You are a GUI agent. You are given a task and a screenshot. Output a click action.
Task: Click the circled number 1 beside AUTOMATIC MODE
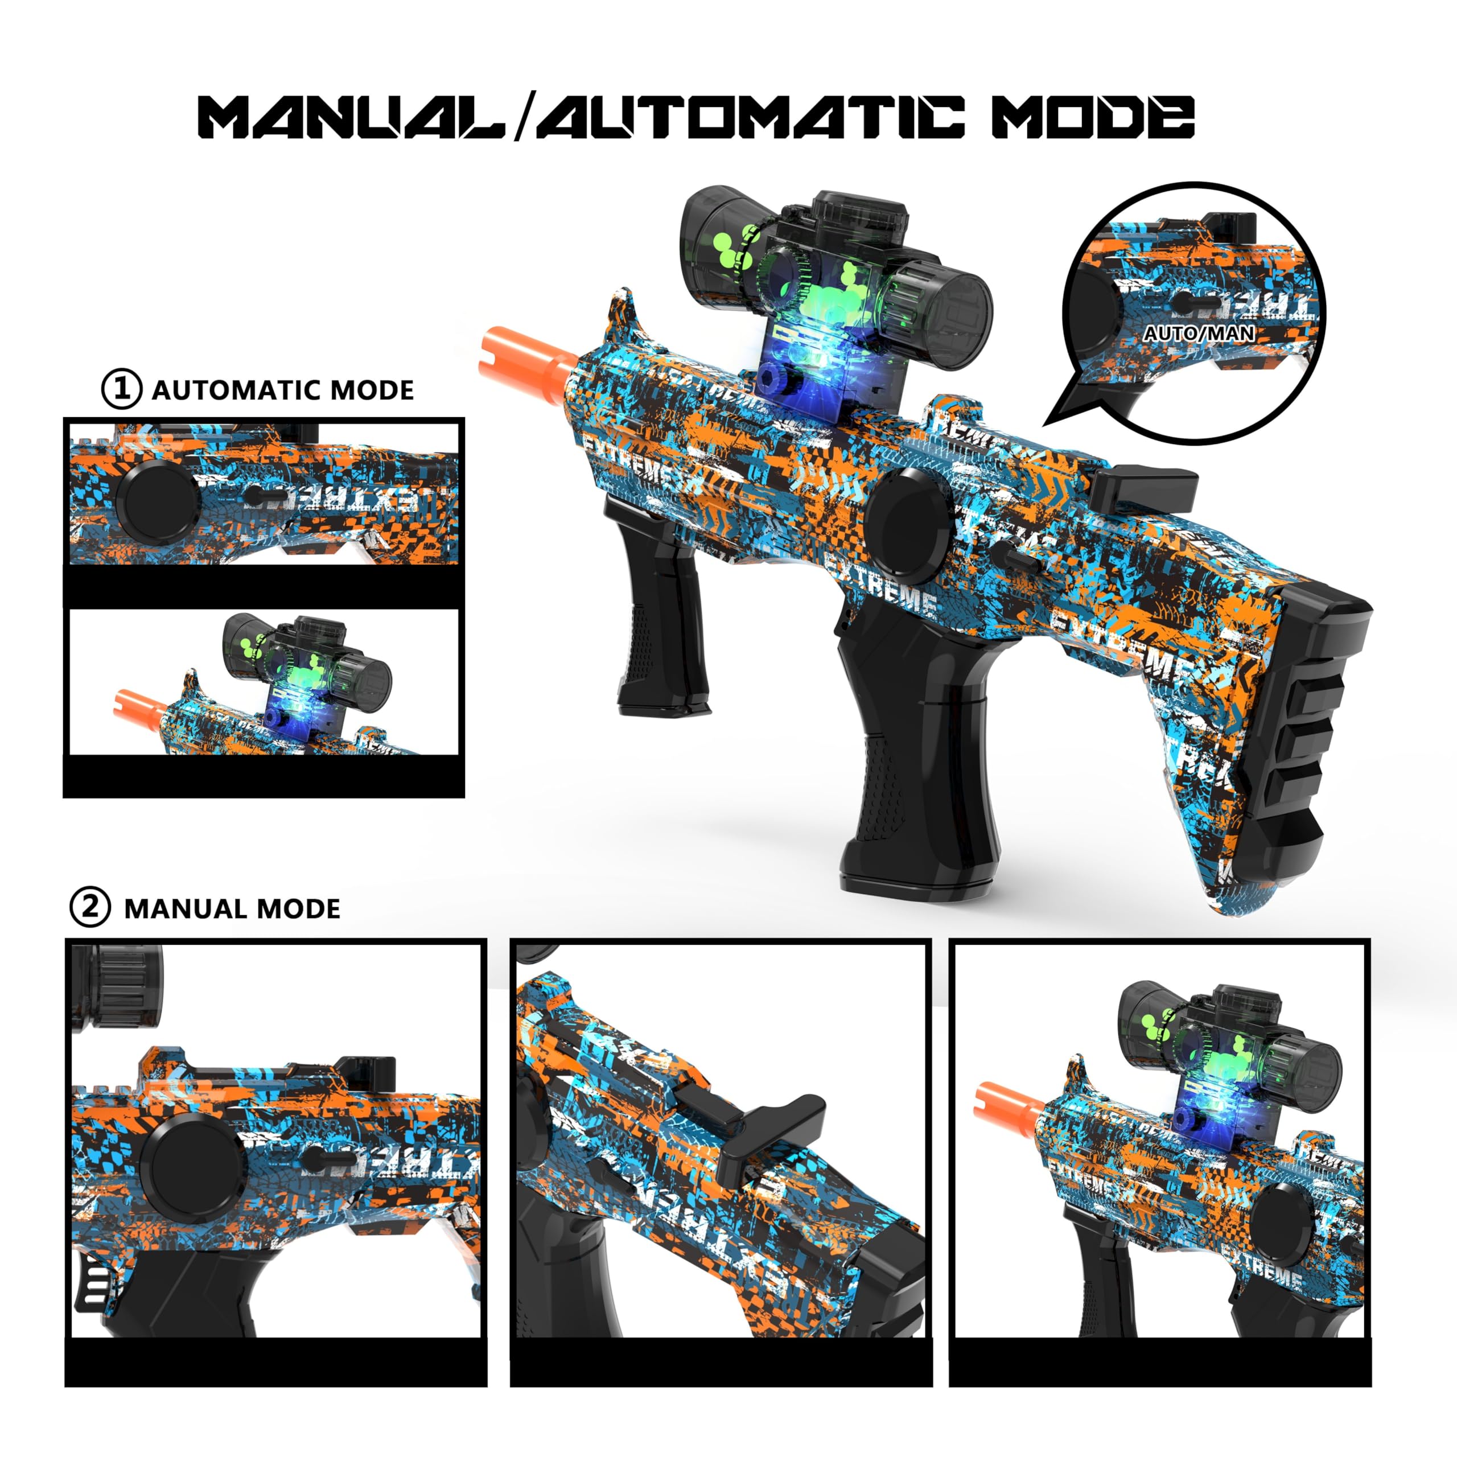[121, 389]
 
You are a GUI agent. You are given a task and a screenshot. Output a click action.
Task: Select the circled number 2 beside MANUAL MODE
[90, 907]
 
